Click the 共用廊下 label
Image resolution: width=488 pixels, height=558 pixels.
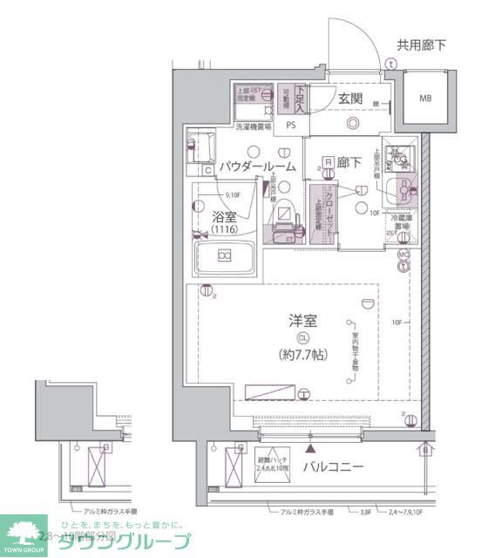tap(422, 45)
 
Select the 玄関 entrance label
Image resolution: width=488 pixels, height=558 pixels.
tap(351, 98)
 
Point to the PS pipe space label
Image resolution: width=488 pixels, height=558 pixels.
tap(291, 125)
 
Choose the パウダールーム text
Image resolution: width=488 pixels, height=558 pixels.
tap(257, 166)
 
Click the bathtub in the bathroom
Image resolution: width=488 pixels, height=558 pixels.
tap(224, 255)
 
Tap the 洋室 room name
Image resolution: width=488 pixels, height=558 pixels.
tap(302, 320)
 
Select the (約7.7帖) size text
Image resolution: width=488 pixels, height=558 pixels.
tap(303, 355)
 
